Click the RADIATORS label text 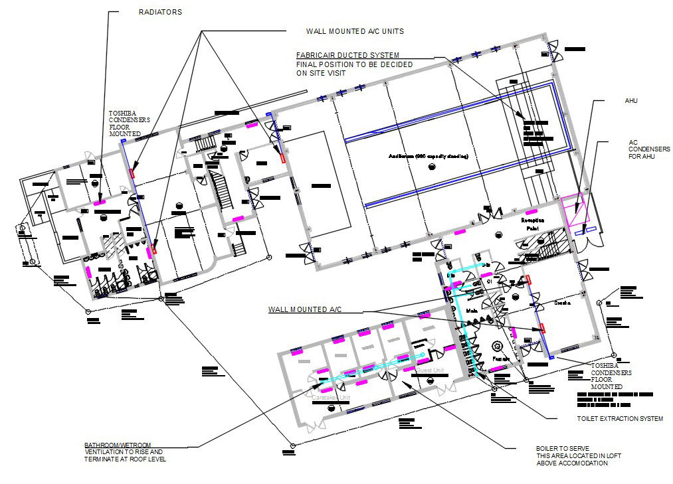click(x=160, y=12)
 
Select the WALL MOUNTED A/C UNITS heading click(x=355, y=31)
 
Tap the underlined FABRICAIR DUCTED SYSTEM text click(x=347, y=55)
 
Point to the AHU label click(x=630, y=101)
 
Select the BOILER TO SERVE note click(x=571, y=455)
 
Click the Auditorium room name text click(x=429, y=156)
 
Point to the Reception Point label click(x=533, y=224)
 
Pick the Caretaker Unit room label click(x=331, y=397)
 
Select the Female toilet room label click(x=500, y=359)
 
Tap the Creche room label click(x=563, y=303)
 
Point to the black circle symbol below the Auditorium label click(x=433, y=167)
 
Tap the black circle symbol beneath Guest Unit click(x=431, y=380)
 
